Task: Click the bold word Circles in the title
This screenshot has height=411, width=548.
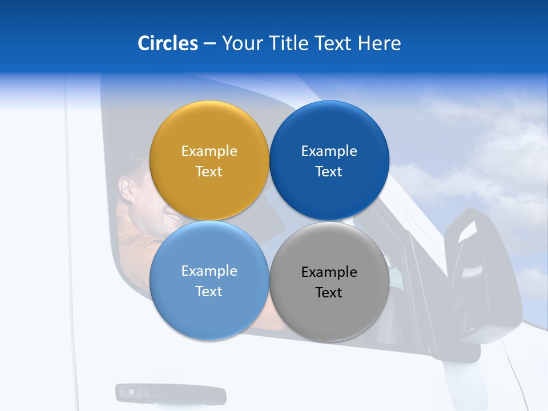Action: [x=168, y=43]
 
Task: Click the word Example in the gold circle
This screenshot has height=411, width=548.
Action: [x=209, y=151]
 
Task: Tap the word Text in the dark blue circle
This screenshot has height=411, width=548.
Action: [x=329, y=172]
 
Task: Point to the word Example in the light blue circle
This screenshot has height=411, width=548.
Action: [x=209, y=271]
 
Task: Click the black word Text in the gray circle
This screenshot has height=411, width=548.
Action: [x=329, y=293]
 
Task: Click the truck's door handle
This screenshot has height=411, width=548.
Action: [x=171, y=394]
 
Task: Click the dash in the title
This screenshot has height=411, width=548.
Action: [x=209, y=44]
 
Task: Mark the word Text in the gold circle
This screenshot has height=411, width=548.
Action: [x=209, y=172]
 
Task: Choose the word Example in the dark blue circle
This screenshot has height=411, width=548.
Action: [x=329, y=151]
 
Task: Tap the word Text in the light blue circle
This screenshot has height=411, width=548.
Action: [x=209, y=292]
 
